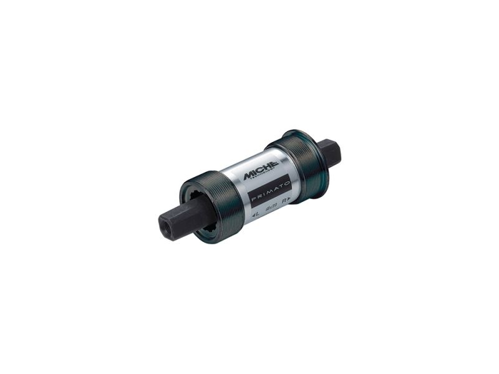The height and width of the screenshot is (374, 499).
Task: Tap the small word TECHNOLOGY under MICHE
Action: (264, 177)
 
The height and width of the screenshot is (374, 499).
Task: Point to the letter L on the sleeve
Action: (256, 216)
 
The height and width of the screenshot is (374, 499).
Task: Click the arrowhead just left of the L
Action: (252, 217)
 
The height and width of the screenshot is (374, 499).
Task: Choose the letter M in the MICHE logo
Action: (249, 174)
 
